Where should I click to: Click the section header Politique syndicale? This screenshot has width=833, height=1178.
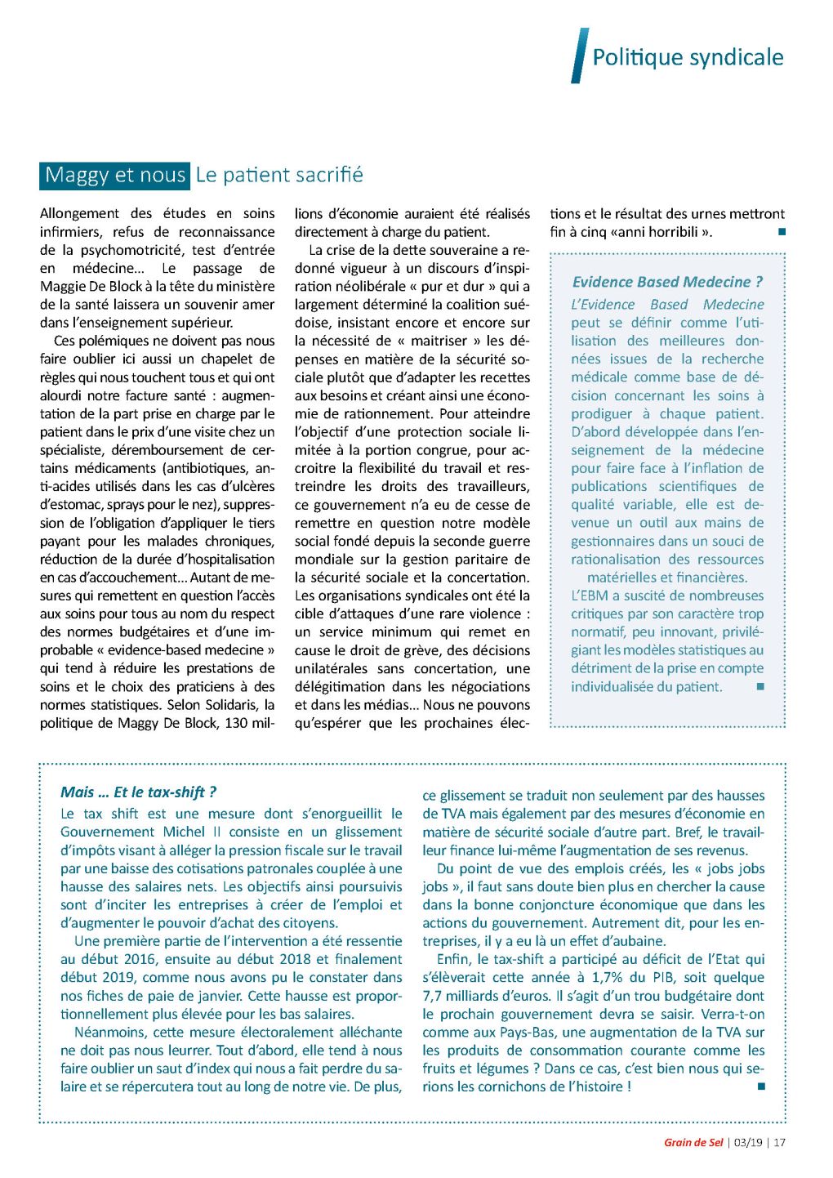coord(688,57)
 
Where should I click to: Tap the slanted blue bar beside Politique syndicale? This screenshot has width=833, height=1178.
coord(579,56)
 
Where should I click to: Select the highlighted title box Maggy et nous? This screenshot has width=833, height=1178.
coord(115,176)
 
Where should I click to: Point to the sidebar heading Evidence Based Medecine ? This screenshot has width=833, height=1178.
coord(667,282)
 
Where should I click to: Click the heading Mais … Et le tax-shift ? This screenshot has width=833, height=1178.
coord(138,792)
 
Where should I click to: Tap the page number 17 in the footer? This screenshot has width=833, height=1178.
coord(780,1142)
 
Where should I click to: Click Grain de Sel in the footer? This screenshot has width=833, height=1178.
coord(693,1142)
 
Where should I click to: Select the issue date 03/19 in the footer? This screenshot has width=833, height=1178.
coord(748,1142)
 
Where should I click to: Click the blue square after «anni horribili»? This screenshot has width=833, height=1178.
coord(782,232)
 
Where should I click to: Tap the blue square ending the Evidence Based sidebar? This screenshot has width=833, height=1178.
coord(759,687)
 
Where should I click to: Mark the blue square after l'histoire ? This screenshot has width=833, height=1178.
coord(761,1087)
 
